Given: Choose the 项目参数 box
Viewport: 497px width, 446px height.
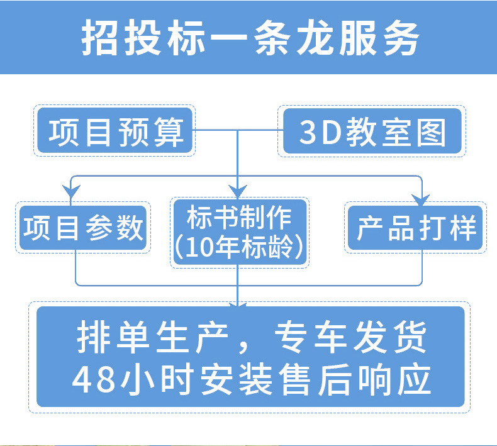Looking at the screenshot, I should pyautogui.click(x=84, y=228).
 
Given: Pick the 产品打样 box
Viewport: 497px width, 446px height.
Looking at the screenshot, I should pyautogui.click(x=415, y=228).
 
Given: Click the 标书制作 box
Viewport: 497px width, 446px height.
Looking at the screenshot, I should pyautogui.click(x=239, y=218).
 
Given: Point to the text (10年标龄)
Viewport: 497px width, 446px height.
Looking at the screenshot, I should pyautogui.click(x=239, y=247).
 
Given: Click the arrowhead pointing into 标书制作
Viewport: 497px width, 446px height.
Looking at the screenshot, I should pyautogui.click(x=237, y=191).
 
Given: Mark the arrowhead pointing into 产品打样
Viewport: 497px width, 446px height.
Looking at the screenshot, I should pyautogui.click(x=421, y=199).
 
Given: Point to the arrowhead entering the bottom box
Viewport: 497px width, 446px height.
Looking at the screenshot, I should pyautogui.click(x=237, y=304).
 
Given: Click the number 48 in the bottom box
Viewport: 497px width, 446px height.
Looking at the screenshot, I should pyautogui.click(x=92, y=379).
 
